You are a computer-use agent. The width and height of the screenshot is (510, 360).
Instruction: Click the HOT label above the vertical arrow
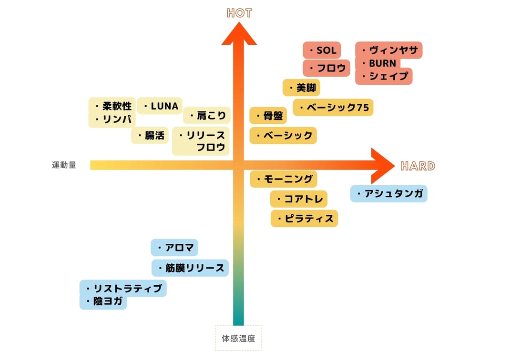[x=239, y=13]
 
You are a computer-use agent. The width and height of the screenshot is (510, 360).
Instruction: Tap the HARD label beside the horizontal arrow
[x=418, y=166]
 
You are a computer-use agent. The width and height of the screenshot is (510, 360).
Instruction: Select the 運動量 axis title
[x=64, y=165]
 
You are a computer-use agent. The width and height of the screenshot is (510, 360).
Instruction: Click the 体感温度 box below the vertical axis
[x=238, y=338]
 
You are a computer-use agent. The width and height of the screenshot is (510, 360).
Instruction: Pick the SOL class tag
[x=322, y=50]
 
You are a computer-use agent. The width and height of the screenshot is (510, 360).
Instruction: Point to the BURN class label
[x=378, y=63]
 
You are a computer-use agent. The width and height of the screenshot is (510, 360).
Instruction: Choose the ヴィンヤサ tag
[x=389, y=50]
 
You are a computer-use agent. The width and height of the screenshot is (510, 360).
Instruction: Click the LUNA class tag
[x=160, y=106]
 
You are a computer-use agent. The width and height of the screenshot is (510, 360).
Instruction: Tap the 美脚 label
[x=302, y=88]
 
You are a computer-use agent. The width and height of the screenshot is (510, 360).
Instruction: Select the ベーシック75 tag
[x=333, y=107]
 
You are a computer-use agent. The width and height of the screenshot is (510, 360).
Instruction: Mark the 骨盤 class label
[x=268, y=116]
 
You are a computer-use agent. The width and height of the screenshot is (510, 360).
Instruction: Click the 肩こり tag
[x=207, y=115]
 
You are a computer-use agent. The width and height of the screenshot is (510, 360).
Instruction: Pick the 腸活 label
[x=150, y=136]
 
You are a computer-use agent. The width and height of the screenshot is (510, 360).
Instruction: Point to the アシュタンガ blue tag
[x=388, y=194]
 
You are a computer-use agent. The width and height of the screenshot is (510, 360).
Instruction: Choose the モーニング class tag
[x=283, y=179]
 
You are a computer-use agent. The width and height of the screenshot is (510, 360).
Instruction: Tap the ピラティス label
[x=305, y=219]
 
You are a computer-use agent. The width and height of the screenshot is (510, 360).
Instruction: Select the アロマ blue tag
[x=174, y=248]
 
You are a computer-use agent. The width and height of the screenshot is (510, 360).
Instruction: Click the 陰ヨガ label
[x=103, y=301]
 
